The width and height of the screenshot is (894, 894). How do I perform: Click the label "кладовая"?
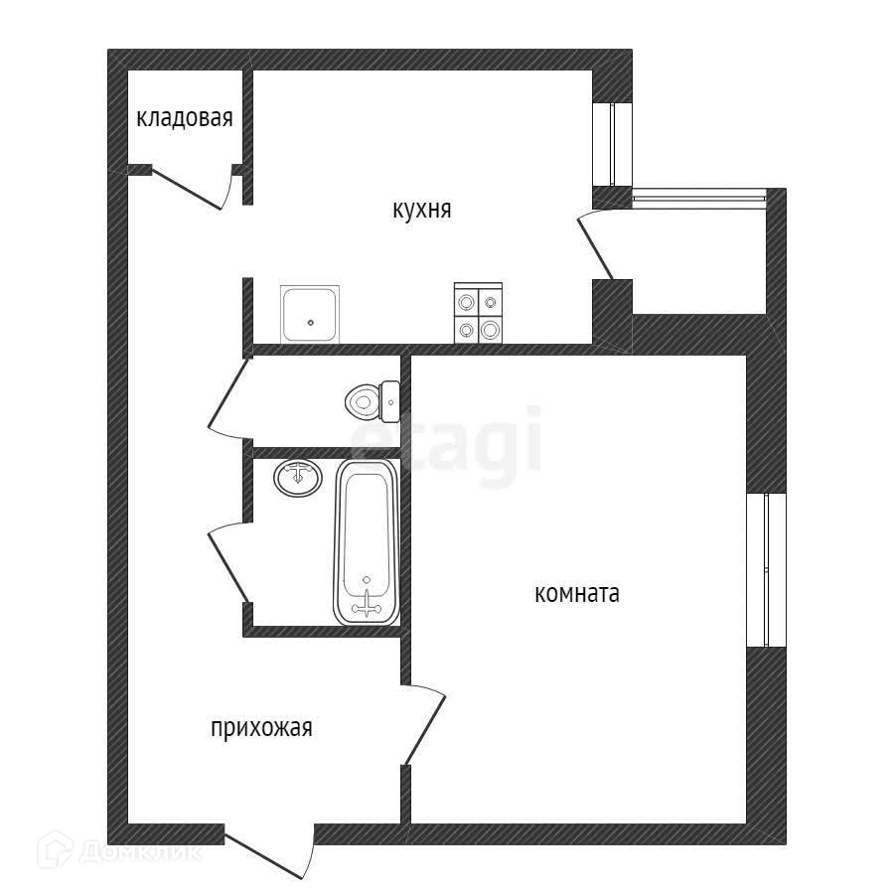pos(185,119)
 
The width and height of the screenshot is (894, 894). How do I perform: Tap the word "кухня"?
pos(422,210)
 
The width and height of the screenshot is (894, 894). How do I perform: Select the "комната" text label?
pos(577,594)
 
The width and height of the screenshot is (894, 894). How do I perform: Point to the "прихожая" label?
pos(261,728)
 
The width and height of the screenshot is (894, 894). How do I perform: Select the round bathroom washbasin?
pos(297,478)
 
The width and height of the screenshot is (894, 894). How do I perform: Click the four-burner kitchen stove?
pos(479,314)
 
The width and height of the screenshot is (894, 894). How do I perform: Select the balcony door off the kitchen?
pos(599,243)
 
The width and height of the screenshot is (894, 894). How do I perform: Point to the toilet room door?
pos(227,397)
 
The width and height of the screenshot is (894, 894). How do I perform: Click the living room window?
pos(765,569)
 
